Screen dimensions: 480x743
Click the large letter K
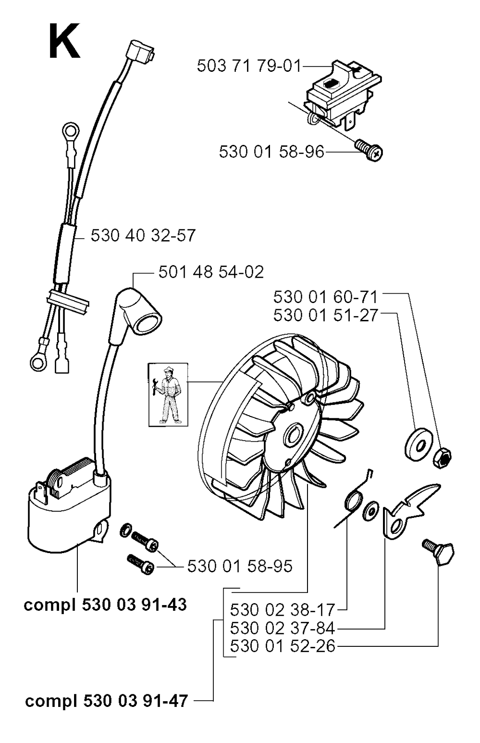pos(64,41)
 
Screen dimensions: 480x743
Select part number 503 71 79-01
pos(249,66)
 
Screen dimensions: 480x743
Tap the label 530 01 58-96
pos(271,152)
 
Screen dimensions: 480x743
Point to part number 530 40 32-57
pos(143,235)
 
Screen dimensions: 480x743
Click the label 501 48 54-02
pos(211,273)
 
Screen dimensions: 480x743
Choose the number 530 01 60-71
pos(325,297)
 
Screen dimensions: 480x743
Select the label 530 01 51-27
pos(325,315)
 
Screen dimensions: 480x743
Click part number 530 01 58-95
pos(240,566)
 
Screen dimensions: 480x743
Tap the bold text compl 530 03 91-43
pos(105,605)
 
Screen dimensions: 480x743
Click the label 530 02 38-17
pos(283,610)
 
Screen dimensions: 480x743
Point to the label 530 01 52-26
pos(283,646)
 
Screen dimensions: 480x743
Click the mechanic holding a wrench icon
pos(168,395)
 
